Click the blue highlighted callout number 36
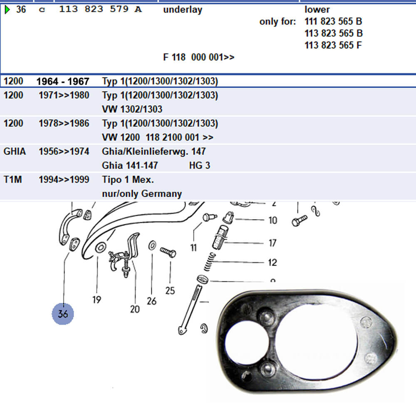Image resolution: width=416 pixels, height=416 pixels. point(63,314)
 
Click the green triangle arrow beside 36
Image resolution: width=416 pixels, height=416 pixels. point(7,10)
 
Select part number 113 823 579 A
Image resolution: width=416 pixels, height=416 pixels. point(100,9)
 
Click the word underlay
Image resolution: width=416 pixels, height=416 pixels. point(183,10)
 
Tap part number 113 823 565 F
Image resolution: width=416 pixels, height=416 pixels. point(333,45)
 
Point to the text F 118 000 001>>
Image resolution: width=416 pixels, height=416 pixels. point(199,57)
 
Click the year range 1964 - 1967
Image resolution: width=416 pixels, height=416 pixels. point(63,81)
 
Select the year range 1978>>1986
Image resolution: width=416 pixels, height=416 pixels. point(64,124)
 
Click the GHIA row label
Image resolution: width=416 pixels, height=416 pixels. point(15,151)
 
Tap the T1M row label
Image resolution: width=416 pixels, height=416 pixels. point(13,180)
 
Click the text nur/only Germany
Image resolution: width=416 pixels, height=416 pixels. point(142,194)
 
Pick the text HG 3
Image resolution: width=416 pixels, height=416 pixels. point(200,166)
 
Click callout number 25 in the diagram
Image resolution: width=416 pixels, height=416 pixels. point(170,291)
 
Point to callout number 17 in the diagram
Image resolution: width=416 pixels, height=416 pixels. point(272,243)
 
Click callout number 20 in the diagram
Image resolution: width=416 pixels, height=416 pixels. point(135,309)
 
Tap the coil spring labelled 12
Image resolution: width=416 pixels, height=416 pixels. point(210,262)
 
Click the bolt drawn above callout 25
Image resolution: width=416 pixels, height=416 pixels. point(168,252)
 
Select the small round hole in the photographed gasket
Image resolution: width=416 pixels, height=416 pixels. point(246,342)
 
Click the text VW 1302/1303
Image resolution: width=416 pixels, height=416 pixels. point(132,109)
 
